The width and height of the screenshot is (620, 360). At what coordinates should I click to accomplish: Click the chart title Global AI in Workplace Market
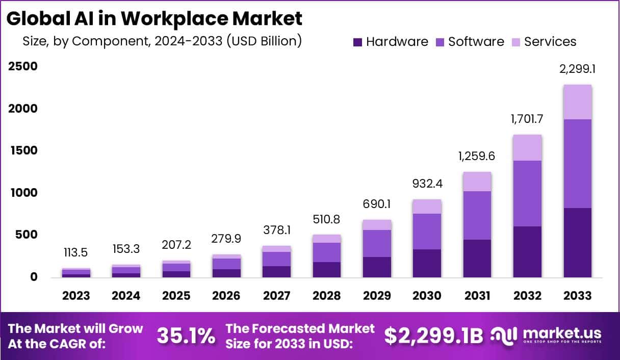click(154, 19)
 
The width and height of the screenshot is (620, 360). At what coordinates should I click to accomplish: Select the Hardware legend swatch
click(357, 42)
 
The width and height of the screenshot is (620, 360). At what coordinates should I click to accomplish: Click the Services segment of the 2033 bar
click(577, 102)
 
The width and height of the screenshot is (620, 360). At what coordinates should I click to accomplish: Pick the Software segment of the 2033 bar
click(577, 164)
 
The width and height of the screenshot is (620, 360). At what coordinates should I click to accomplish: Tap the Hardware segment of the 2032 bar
click(527, 252)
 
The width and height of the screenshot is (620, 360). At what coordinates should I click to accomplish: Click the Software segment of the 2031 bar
click(477, 215)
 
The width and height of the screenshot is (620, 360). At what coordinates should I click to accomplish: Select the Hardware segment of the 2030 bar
click(427, 263)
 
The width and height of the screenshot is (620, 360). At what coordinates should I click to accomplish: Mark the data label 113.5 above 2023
click(76, 253)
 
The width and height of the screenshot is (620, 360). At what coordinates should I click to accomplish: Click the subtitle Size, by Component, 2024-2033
click(162, 41)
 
